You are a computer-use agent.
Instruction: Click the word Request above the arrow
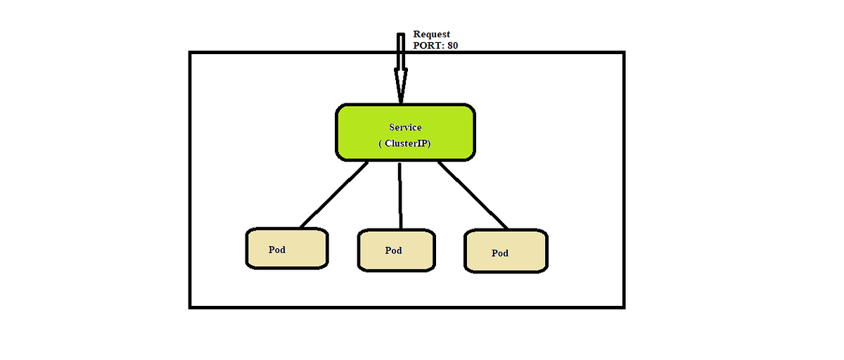431,34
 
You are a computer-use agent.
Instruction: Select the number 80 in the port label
453,46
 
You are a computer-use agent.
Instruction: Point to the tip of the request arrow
401,102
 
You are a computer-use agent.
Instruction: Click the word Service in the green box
405,127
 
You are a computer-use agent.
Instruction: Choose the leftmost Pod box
287,248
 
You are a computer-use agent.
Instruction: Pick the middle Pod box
397,250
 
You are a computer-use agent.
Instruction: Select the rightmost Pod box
505,251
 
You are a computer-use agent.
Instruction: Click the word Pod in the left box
277,250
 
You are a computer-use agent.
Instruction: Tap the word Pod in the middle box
393,250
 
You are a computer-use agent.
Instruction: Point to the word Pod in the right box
499,253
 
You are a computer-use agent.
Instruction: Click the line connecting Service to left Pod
334,195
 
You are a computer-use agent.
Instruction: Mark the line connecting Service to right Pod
473,195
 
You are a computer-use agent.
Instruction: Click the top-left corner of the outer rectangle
191,53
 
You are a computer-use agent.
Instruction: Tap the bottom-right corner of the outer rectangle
623,307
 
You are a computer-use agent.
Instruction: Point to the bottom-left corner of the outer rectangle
191,307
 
